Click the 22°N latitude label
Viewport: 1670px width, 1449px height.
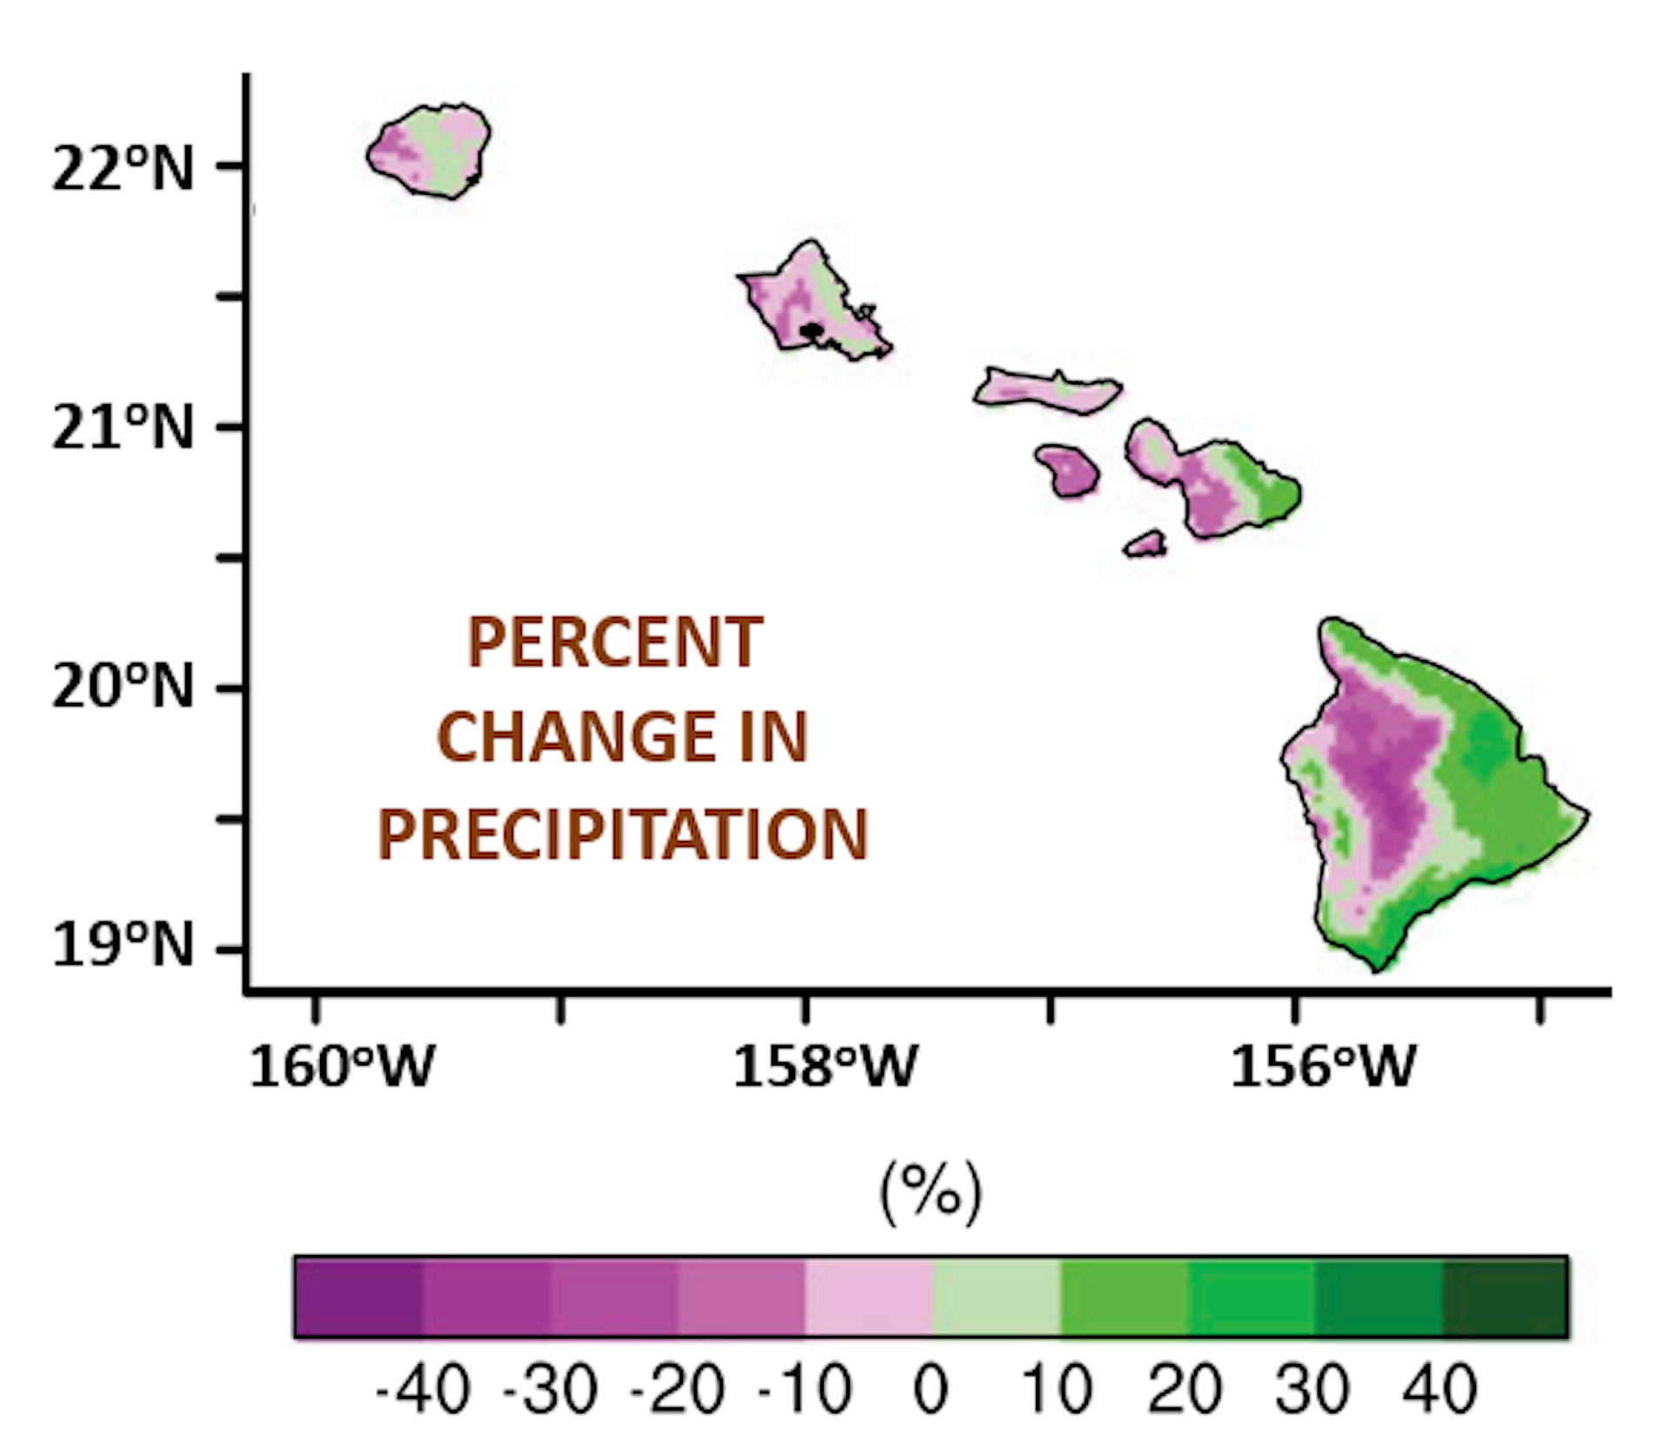click(122, 168)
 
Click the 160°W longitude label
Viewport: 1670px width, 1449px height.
click(341, 1066)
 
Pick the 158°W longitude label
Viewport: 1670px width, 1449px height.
click(825, 1066)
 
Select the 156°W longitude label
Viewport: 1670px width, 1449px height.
click(1322, 1066)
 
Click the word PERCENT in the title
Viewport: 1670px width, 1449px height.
click(615, 643)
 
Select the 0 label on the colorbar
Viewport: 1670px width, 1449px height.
click(931, 1390)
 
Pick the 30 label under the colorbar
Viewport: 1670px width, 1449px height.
click(1313, 1390)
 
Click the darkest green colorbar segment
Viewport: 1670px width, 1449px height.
click(1505, 1297)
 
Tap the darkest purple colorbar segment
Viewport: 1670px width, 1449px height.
click(358, 1297)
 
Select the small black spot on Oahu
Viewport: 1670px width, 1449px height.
click(811, 331)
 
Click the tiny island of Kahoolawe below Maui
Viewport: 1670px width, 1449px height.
click(1146, 544)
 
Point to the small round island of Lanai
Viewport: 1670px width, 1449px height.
click(1068, 471)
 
